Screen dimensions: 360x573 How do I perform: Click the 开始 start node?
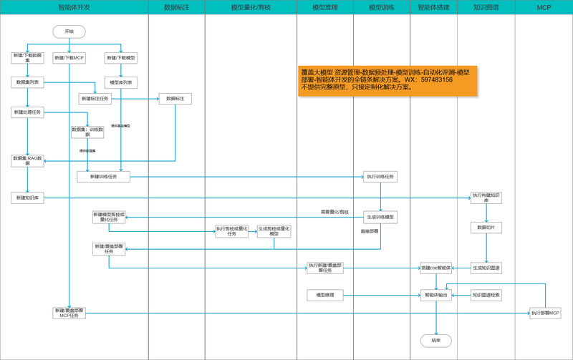[69, 31]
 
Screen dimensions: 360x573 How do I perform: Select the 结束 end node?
[435, 341]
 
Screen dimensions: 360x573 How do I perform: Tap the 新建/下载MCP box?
[69, 58]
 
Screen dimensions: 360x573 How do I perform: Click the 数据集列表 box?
[28, 83]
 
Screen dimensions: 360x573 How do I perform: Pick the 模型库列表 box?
[120, 83]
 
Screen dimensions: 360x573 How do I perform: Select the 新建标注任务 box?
[95, 99]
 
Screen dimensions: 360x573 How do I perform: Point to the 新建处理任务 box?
[28, 112]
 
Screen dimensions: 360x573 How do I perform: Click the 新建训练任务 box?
[103, 176]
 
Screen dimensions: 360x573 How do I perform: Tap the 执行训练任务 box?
[380, 176]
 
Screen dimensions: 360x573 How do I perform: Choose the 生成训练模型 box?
[380, 217]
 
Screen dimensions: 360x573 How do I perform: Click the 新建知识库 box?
[28, 198]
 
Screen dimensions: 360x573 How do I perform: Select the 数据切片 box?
[486, 228]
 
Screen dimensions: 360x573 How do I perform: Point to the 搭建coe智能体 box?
[435, 268]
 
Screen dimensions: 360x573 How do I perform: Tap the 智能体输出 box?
[435, 295]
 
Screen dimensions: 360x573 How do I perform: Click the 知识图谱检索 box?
[486, 295]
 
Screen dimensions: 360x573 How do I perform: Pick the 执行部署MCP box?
[545, 313]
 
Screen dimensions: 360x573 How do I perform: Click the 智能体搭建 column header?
[433, 7]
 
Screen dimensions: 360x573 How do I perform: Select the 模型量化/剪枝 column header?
[251, 7]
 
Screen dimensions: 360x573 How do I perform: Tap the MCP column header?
[544, 7]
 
